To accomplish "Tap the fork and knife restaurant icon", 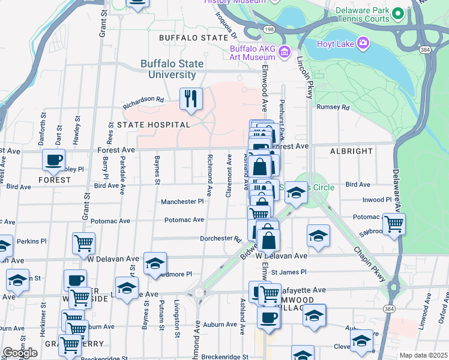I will click(x=191, y=99).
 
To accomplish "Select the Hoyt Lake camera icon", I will click(x=363, y=43).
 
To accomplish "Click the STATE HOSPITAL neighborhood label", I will click(x=153, y=125).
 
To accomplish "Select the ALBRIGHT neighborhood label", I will click(x=351, y=151).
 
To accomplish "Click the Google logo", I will click(x=20, y=353).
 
